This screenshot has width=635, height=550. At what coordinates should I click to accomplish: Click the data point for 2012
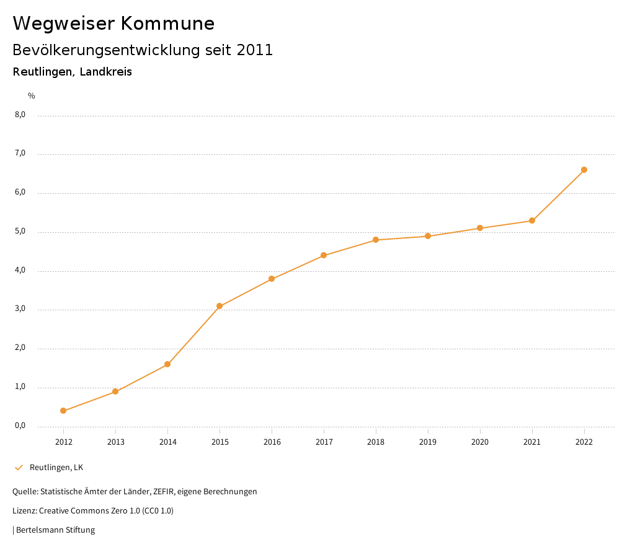(63, 411)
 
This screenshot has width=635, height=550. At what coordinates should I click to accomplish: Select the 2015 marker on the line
(220, 306)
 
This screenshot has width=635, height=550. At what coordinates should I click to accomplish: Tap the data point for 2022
(584, 170)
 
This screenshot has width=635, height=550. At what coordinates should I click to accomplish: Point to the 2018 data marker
(376, 240)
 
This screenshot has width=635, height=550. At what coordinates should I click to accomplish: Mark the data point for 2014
(167, 364)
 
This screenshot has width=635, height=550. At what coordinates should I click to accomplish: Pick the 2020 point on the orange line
(480, 228)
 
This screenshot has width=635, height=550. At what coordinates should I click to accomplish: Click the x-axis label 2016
(272, 442)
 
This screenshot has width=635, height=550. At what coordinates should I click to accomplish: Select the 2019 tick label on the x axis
(428, 442)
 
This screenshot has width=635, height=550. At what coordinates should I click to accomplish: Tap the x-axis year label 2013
(115, 442)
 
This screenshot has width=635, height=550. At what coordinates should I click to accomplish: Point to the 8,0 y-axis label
(20, 115)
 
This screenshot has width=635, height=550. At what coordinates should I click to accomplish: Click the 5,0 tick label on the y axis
(20, 231)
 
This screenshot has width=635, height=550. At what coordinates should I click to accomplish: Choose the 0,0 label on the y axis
(20, 426)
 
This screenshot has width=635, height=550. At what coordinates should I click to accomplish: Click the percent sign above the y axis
(32, 95)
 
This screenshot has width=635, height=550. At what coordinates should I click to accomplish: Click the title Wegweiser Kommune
(113, 24)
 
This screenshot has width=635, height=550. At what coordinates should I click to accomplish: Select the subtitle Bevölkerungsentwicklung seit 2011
(143, 50)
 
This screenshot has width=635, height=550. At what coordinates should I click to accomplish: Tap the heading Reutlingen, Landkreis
(72, 72)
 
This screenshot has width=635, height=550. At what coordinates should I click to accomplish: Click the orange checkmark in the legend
(19, 467)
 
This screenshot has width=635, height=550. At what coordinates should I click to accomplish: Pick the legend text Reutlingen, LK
(56, 467)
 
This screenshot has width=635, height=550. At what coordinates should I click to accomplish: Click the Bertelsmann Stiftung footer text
(55, 530)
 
